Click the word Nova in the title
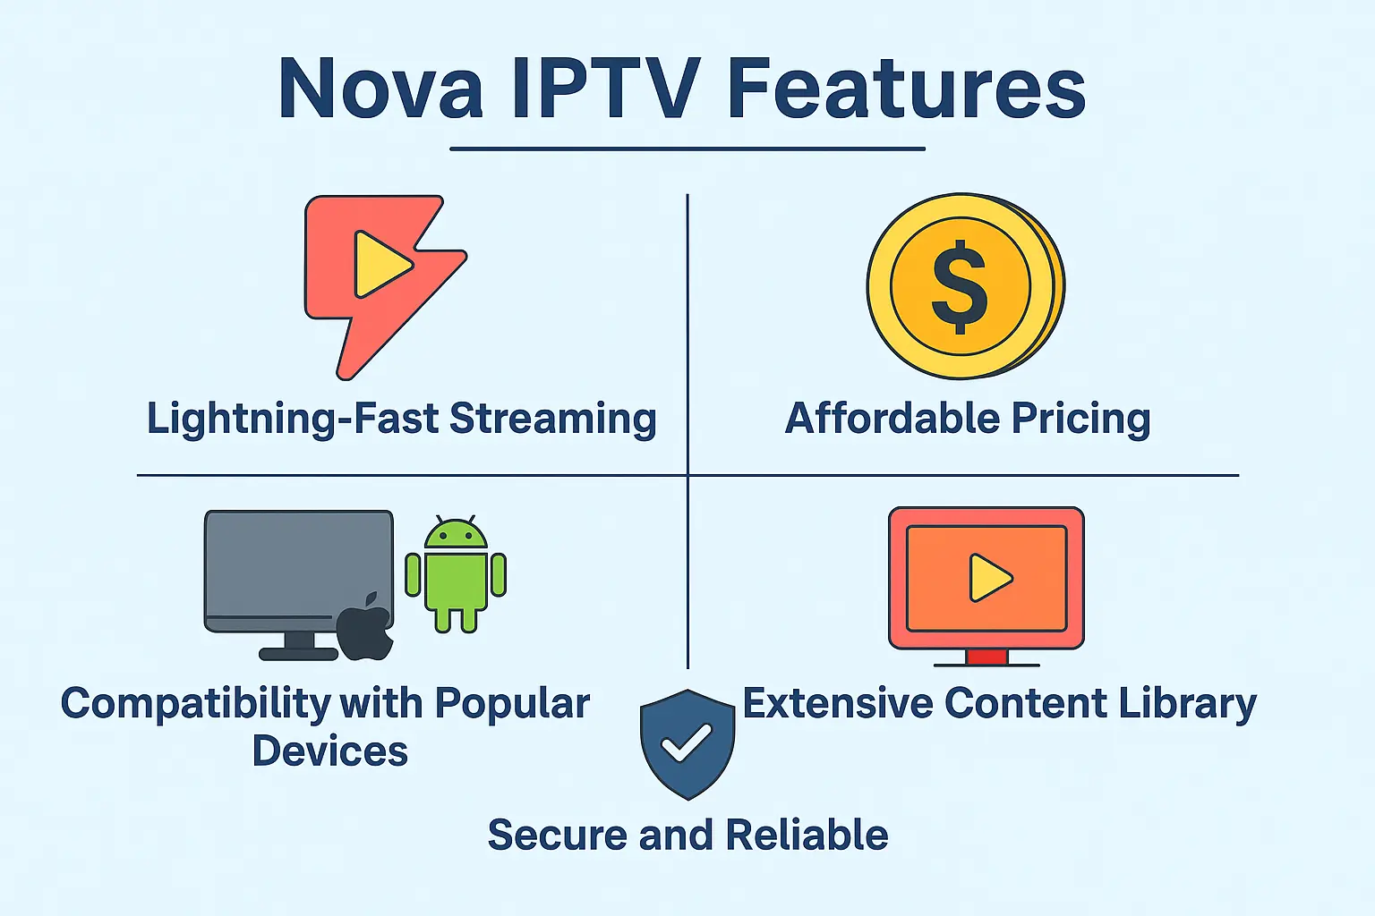point(380,89)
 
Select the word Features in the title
point(906,89)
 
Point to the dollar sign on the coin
point(960,287)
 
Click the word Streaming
point(552,419)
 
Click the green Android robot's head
point(456,534)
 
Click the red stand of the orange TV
point(986,657)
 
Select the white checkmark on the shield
point(686,742)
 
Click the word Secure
point(557,835)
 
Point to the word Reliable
point(807,835)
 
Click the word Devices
point(329,751)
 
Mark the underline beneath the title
point(687,148)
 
